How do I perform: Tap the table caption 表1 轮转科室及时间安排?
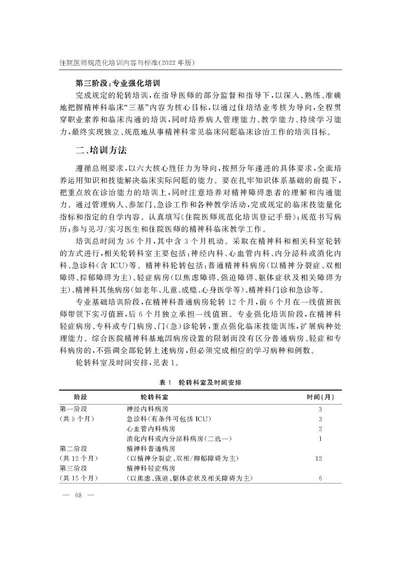pyautogui.click(x=200, y=383)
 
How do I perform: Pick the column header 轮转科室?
pyautogui.click(x=146, y=397)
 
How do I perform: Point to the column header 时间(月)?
pyautogui.click(x=320, y=397)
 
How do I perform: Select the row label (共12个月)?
pyautogui.click(x=78, y=458)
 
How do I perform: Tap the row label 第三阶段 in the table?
pyautogui.click(x=74, y=468)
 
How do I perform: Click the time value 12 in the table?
pyautogui.click(x=319, y=458)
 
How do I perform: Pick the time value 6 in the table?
pyautogui.click(x=320, y=478)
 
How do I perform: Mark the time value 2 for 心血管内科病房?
pyautogui.click(x=320, y=429)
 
